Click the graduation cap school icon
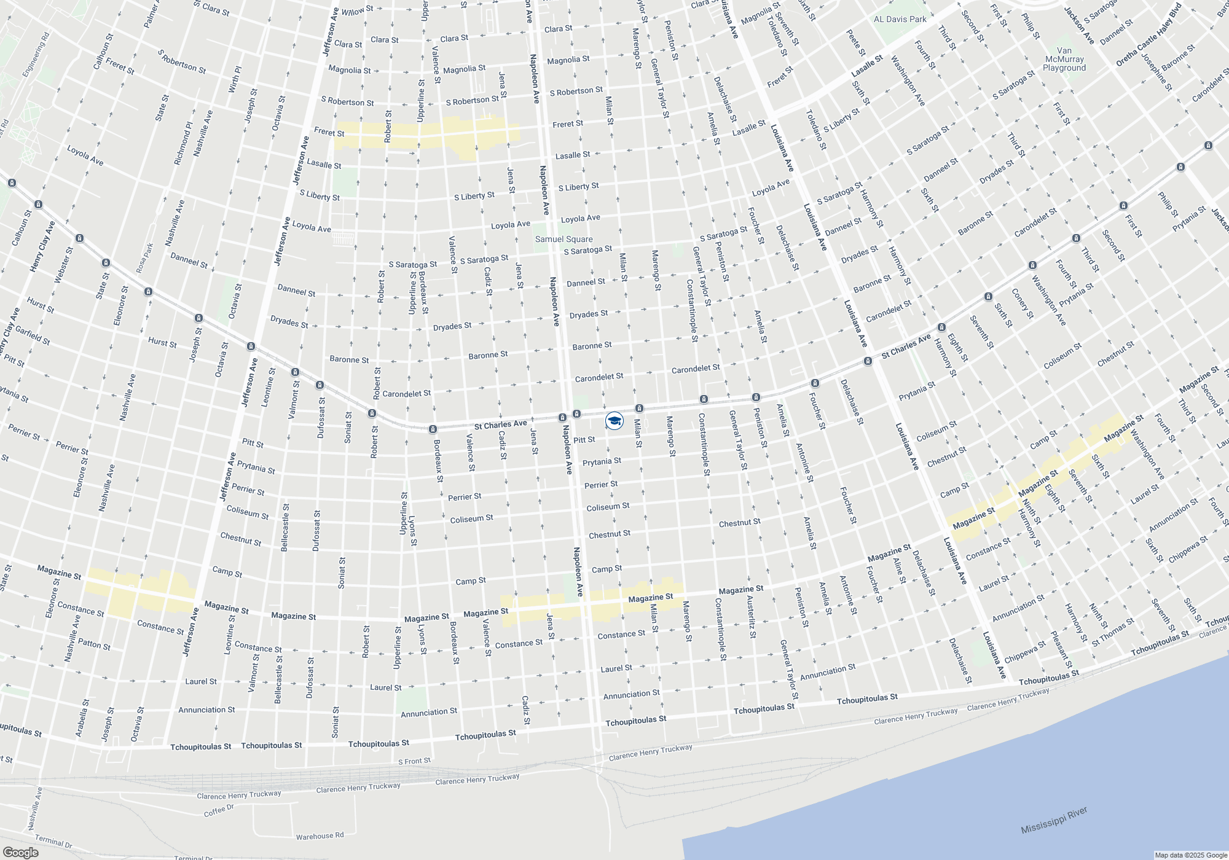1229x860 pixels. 614,421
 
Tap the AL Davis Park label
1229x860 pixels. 900,19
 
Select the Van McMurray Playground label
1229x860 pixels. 1064,60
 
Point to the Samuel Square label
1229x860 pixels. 563,239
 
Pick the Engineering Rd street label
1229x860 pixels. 36,55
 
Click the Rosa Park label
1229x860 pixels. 144,258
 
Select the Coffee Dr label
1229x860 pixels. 219,811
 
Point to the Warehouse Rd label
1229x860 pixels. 320,836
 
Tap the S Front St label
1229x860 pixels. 414,761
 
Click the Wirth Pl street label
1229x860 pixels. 235,80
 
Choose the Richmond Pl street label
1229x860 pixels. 183,143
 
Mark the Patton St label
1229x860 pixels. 94,644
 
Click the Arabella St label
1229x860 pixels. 82,717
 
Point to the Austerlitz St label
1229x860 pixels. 750,617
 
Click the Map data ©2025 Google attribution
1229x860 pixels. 1190,855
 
